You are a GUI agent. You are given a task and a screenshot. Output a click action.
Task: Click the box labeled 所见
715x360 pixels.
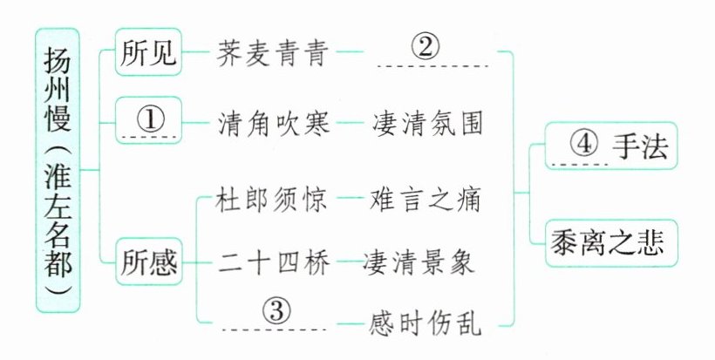147,55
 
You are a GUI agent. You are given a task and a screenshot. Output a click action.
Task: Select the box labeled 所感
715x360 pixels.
147,261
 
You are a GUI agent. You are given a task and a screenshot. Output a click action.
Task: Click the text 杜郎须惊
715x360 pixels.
272,200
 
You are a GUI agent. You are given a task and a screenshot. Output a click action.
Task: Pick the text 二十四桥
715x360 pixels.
272,261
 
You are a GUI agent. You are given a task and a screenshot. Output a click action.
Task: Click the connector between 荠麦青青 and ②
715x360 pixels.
351,55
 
